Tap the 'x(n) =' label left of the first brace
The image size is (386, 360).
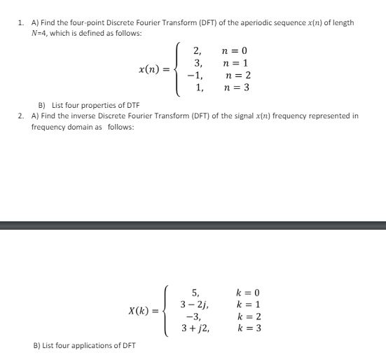point(155,69)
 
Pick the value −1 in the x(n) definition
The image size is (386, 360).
point(197,76)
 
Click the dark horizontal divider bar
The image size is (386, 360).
point(193,225)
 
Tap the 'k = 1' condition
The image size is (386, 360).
point(249,305)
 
